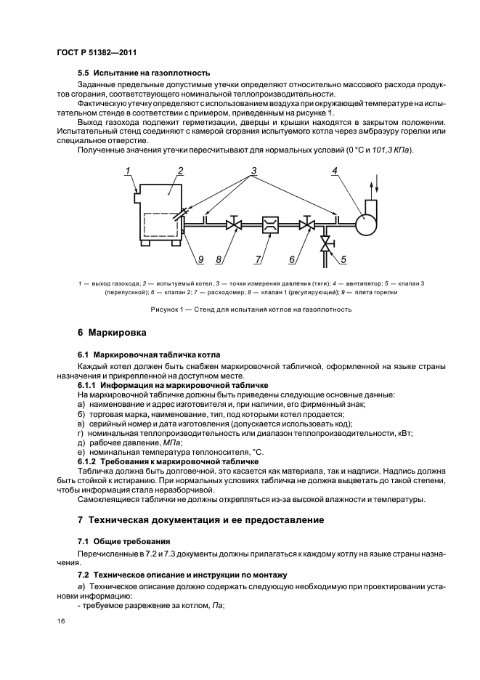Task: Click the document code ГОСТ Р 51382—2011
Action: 96,53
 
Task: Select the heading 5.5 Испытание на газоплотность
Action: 144,73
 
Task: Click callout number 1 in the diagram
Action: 127,171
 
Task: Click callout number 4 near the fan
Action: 335,171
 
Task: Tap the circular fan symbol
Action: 363,224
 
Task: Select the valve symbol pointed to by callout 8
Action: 233,225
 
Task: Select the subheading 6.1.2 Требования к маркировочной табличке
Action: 168,461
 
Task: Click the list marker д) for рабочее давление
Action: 81,442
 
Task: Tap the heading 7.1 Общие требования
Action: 123,541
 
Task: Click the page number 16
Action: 60,621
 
